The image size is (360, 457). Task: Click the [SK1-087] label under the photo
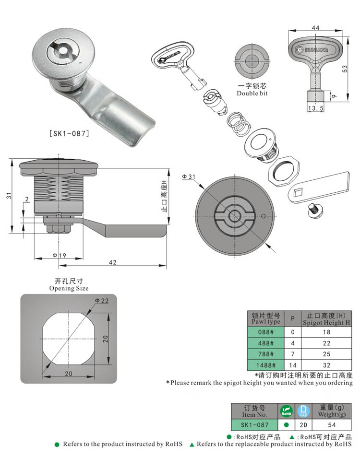point(70,134)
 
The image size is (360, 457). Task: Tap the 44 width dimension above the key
point(315,28)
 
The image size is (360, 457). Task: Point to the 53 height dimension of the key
point(344,69)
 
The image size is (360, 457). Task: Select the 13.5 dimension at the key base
point(315,109)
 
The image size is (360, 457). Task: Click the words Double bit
point(252,93)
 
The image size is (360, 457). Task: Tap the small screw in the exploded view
point(315,210)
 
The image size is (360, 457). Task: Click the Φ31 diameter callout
point(189,177)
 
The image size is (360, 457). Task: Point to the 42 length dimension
point(112,262)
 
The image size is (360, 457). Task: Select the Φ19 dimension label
point(59,256)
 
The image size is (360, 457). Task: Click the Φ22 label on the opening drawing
point(102,300)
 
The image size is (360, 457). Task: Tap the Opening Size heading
point(69,288)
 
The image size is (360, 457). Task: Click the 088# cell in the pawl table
point(265,332)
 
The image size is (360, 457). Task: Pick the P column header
point(292,319)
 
